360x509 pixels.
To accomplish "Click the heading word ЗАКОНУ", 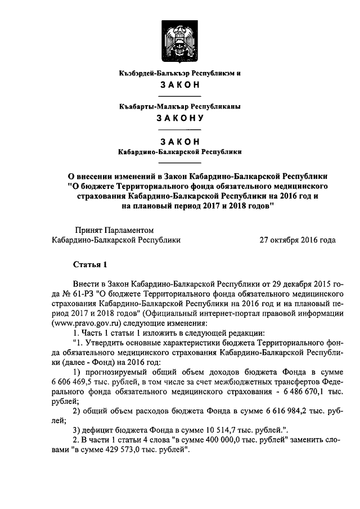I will (180, 118).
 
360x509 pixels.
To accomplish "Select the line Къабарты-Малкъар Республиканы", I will (180, 106).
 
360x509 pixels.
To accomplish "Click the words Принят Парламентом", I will (114, 229).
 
